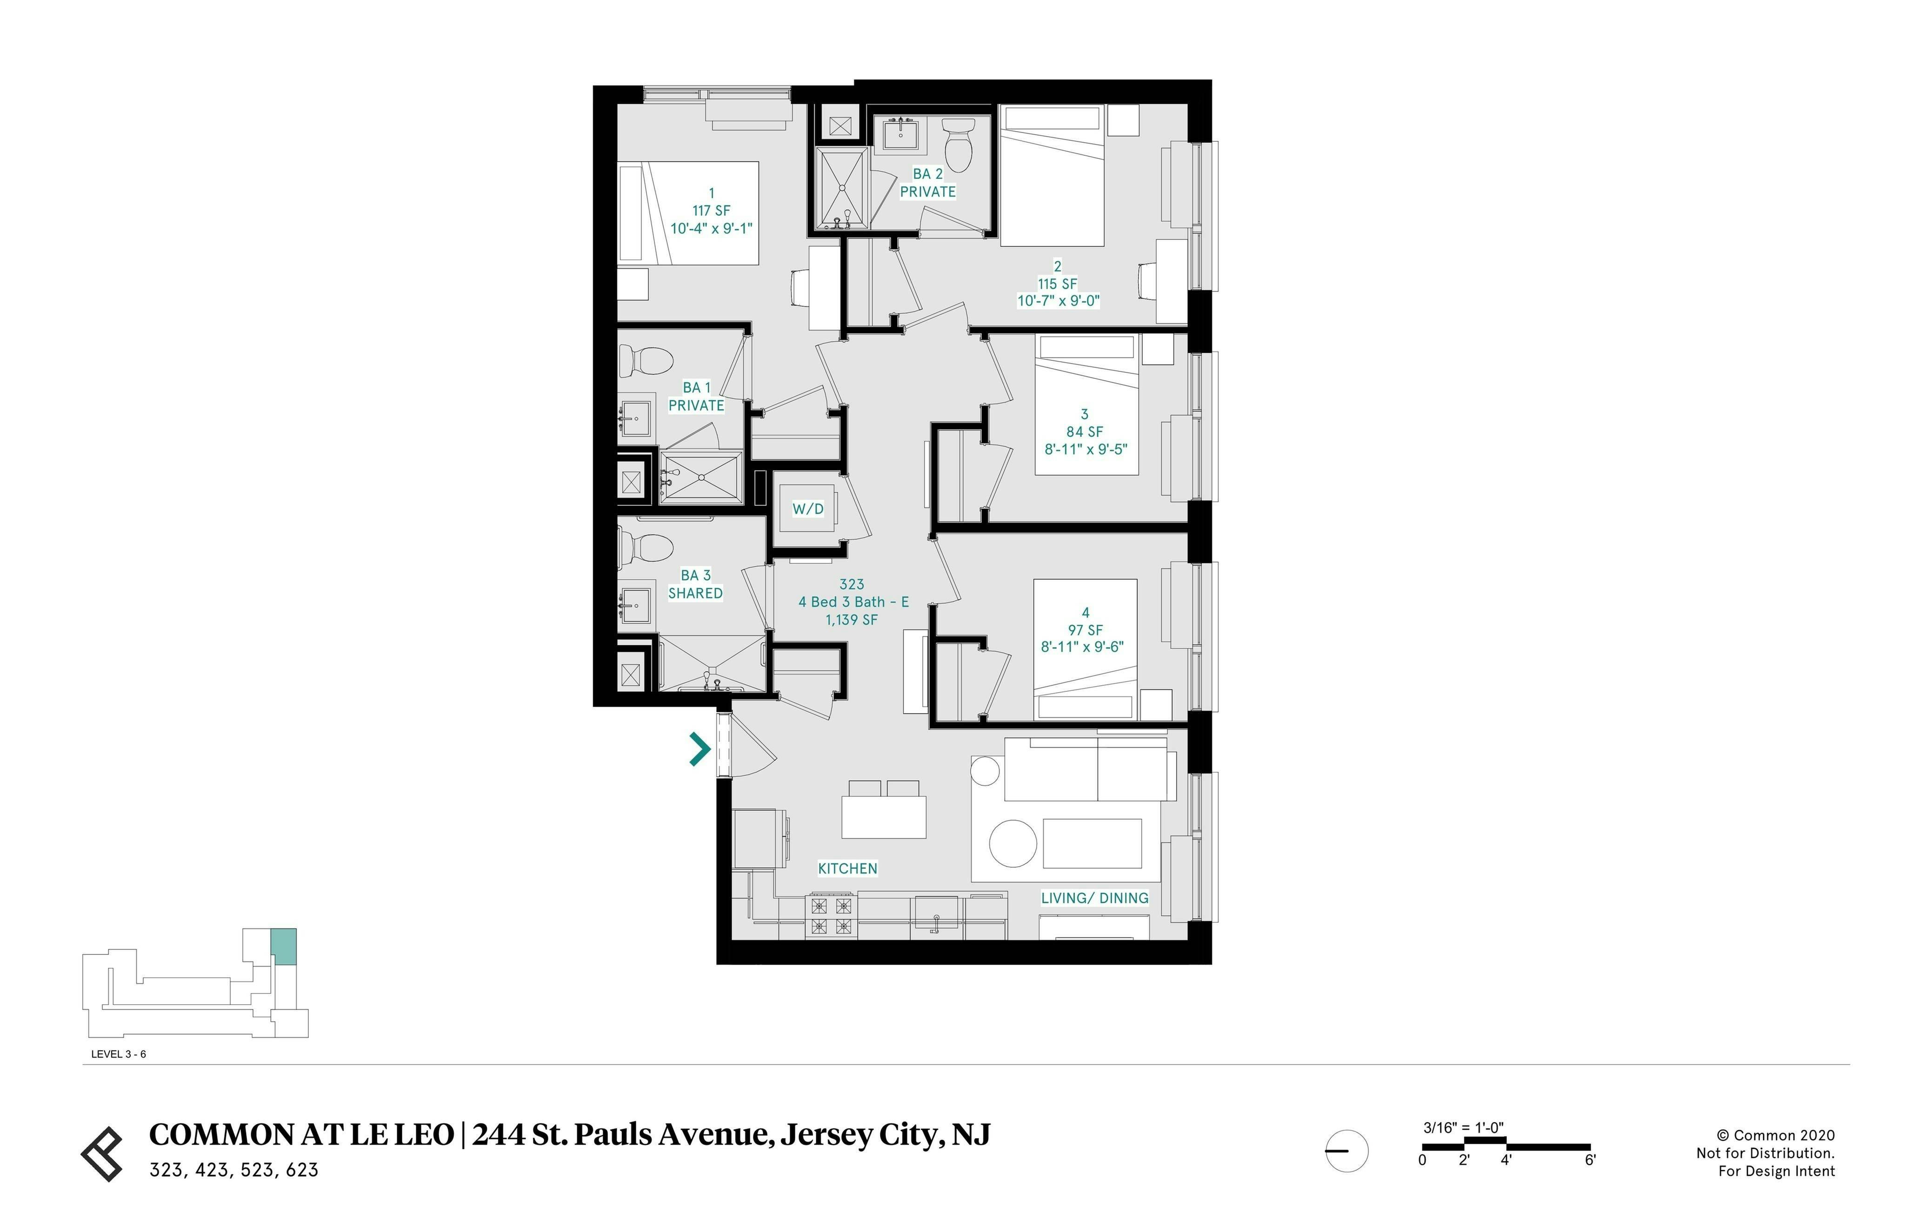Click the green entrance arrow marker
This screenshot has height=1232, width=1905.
[x=700, y=749]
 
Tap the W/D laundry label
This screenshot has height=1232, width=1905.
[x=807, y=509]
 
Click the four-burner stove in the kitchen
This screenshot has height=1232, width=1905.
[x=831, y=916]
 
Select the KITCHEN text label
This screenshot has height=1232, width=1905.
[x=847, y=868]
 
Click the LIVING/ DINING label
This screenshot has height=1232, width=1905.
[x=1094, y=898]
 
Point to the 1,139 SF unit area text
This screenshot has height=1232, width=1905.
[x=851, y=619]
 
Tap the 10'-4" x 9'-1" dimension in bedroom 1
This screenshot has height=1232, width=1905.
[x=711, y=228]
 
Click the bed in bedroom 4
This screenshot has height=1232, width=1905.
[x=1085, y=648]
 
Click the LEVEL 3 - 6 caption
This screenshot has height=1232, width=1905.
[x=119, y=1053]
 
